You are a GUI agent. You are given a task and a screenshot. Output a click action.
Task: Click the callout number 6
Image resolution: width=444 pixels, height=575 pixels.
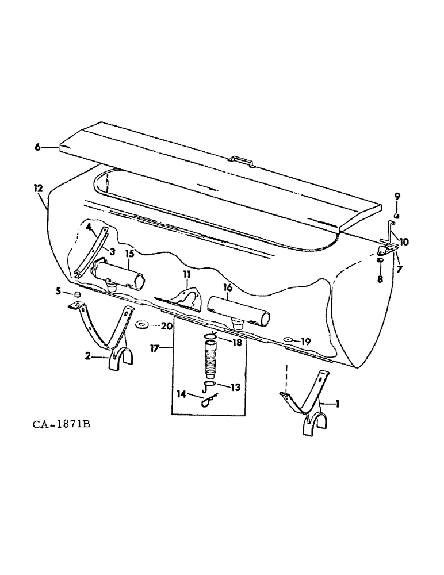(x=38, y=147)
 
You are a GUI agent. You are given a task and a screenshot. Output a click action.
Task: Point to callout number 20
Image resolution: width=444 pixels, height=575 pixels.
(x=167, y=326)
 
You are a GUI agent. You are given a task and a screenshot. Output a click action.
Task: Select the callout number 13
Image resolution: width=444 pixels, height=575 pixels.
(x=235, y=387)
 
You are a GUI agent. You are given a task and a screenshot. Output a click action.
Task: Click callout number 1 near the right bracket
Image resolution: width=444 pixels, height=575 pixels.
(x=337, y=404)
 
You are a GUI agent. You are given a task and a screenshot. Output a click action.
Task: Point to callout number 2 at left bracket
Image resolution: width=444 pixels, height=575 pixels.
(x=88, y=356)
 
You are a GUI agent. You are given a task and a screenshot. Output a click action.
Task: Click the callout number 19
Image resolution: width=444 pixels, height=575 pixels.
(x=305, y=342)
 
